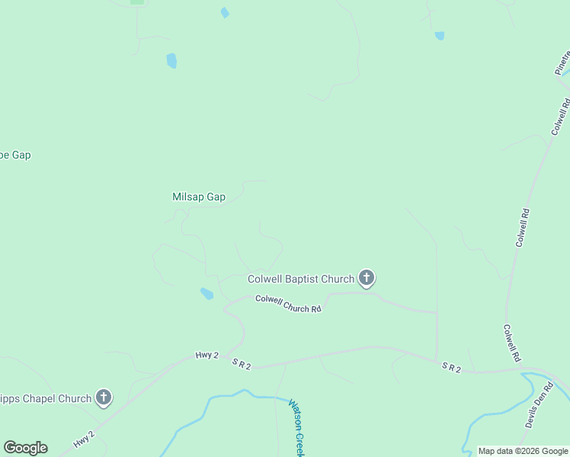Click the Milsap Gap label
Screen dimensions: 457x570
click(199, 197)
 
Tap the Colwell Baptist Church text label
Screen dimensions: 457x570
click(301, 279)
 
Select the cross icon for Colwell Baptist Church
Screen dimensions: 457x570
click(367, 278)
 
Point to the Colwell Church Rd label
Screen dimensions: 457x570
click(288, 304)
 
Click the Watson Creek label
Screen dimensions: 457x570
click(296, 427)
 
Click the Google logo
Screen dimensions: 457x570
click(25, 448)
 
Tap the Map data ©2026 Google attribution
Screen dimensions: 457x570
click(523, 451)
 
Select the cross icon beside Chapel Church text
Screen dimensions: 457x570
click(104, 397)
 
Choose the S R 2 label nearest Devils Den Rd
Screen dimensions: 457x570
click(452, 367)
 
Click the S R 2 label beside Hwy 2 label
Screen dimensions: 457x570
click(242, 365)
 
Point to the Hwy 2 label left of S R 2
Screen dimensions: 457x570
click(207, 355)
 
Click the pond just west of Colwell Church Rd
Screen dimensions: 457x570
click(207, 293)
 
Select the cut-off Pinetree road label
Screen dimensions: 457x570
click(562, 62)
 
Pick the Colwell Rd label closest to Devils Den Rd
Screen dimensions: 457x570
click(511, 343)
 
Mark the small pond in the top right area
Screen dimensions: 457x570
click(439, 36)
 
